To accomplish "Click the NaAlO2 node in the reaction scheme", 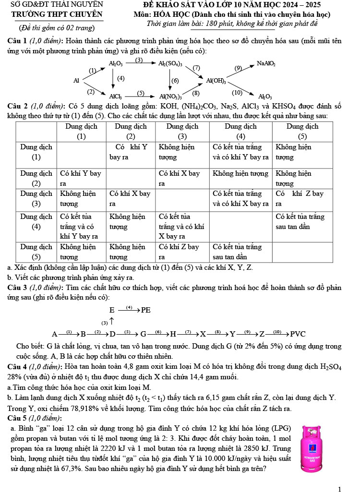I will coord(266,63).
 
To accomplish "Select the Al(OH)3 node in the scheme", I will coord(216,80).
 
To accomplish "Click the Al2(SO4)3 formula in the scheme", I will coord(170,63).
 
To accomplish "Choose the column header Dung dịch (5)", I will coord(302,131).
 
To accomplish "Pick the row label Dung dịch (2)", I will coord(36,178).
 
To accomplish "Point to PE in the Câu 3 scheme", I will coord(146,311).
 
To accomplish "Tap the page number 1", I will coord(339,489).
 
